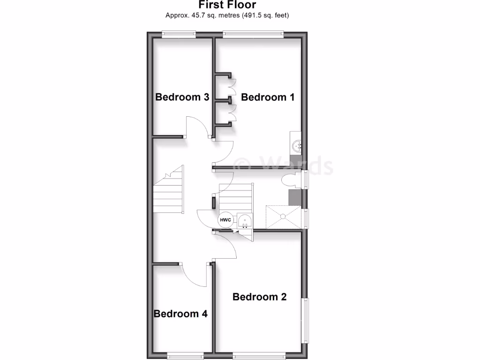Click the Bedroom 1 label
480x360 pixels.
(x=268, y=97)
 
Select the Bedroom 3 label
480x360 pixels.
(x=182, y=97)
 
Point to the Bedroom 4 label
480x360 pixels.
(x=180, y=314)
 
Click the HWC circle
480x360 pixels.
(x=225, y=220)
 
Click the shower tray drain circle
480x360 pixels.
(x=283, y=216)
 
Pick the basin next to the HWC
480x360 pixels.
(x=244, y=221)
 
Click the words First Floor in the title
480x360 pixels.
(x=227, y=5)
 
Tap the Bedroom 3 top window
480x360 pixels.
(x=179, y=34)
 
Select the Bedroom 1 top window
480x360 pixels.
(x=253, y=34)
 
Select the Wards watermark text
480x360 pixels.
(x=284, y=165)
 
